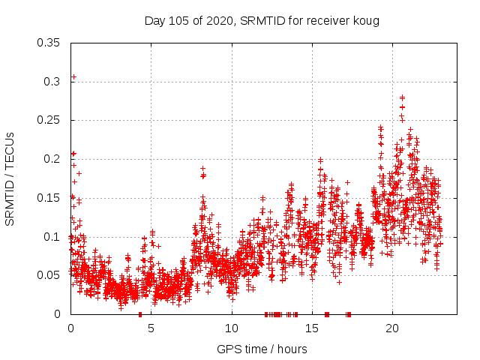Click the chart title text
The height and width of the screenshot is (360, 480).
tap(262, 21)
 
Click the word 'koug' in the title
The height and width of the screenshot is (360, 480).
tap(367, 21)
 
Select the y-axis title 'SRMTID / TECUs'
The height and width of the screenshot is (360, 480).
tap(10, 178)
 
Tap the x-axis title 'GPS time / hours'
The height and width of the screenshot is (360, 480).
tap(262, 349)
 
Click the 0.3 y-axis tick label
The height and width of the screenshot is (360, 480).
tap(52, 81)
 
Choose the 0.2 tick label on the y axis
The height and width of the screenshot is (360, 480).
tap(52, 159)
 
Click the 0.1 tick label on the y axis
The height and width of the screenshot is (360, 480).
tap(52, 237)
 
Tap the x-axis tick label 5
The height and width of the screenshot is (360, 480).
tap(151, 328)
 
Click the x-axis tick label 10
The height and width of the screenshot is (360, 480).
tap(231, 328)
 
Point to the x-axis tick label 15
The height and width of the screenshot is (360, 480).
tap(312, 328)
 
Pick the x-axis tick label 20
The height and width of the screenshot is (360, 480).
tap(392, 328)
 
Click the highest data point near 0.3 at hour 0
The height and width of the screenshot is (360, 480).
tap(73, 76)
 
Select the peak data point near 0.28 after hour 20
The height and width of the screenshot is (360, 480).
tap(403, 97)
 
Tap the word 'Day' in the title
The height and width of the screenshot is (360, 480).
tap(154, 21)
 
